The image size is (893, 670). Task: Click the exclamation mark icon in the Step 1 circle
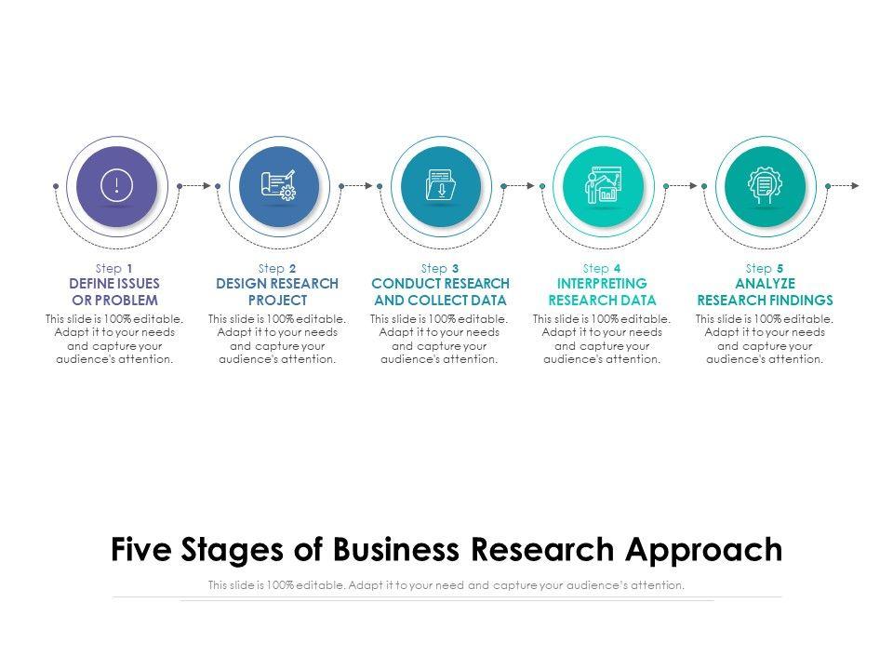(115, 185)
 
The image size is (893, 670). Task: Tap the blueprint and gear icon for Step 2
(278, 185)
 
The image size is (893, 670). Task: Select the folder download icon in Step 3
(440, 185)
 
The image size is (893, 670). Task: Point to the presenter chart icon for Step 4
(603, 185)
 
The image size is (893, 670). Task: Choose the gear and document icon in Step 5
(765, 185)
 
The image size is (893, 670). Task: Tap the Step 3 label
(440, 268)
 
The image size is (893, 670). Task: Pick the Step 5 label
(765, 268)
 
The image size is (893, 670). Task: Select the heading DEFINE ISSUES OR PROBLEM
(114, 291)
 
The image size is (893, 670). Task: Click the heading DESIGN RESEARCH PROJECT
(277, 291)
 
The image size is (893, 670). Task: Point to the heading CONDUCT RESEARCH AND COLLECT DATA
(440, 291)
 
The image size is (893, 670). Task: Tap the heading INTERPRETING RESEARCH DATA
(602, 291)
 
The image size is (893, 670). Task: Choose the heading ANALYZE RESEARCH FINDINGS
(765, 291)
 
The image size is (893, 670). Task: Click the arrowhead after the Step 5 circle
(855, 186)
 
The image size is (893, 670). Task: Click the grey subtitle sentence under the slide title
(446, 585)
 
